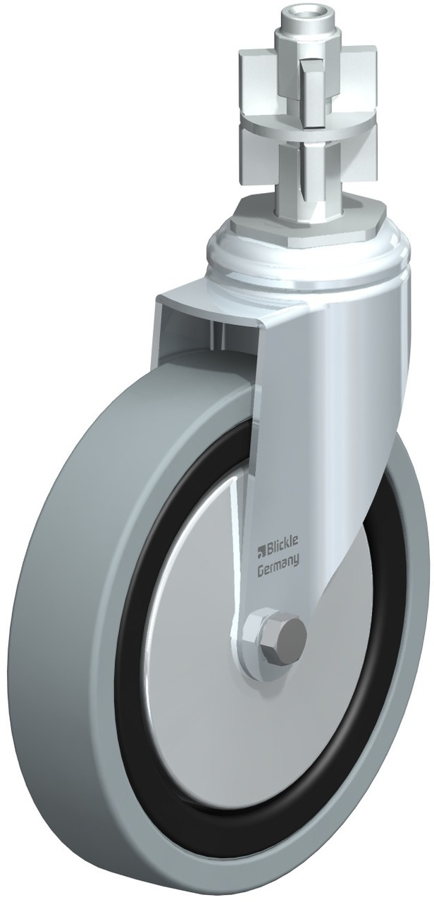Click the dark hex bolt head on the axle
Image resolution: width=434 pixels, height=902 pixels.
click(x=288, y=632)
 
